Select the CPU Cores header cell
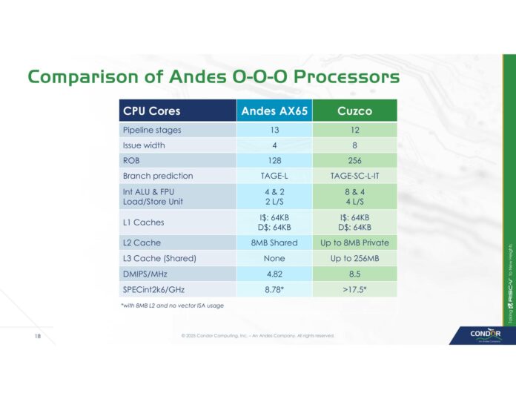(x=151, y=111)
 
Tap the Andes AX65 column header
(x=274, y=111)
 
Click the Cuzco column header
(x=354, y=111)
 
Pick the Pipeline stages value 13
(x=274, y=130)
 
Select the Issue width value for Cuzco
(x=354, y=145)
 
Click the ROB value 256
(x=354, y=160)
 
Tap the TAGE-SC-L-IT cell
(x=354, y=176)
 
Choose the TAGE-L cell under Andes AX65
(x=274, y=176)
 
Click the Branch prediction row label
(x=157, y=176)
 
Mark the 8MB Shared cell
(x=274, y=243)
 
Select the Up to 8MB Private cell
(x=354, y=243)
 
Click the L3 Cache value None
(x=274, y=258)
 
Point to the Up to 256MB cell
(x=354, y=258)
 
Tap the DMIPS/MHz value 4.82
(x=274, y=273)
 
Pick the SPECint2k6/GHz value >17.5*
(x=354, y=288)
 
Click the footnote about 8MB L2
(x=172, y=305)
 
